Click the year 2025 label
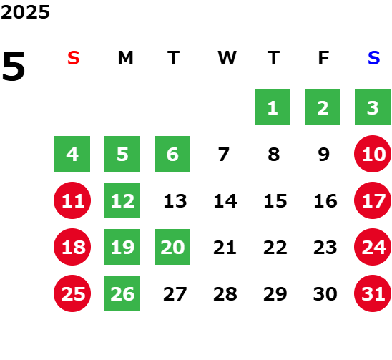25,12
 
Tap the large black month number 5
14,66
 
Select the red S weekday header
74,58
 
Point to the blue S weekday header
373,58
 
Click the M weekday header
125,58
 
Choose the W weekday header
227,58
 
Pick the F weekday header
324,58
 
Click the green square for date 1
273,107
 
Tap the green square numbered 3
373,107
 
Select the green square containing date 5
122,154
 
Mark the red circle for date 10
373,154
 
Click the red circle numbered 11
72,200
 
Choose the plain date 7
223,155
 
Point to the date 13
175,201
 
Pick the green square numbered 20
172,247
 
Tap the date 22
275,248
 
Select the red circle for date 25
72,293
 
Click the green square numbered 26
122,293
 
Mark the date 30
325,294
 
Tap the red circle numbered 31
373,293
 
